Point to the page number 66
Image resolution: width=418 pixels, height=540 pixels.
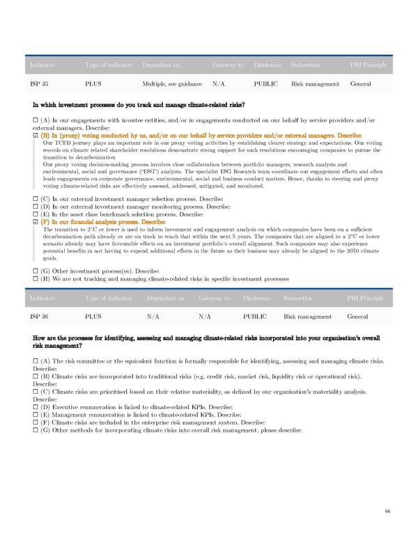click(387, 511)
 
